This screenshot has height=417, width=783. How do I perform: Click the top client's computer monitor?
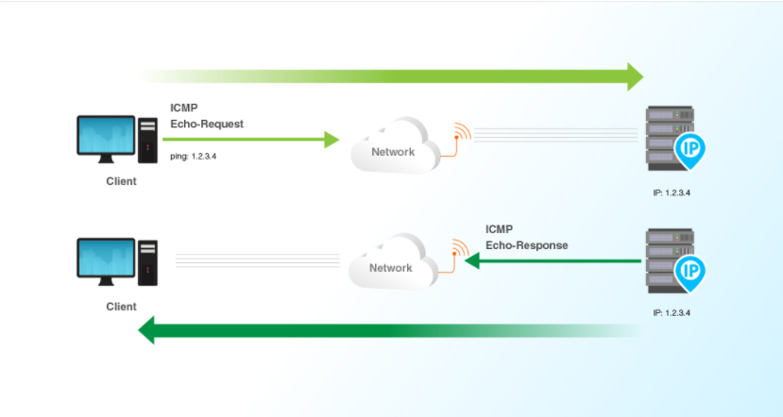107,138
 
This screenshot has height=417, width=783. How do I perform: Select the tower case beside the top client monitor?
148,139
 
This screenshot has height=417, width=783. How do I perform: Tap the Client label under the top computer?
121,181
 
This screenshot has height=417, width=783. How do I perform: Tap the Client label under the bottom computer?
121,307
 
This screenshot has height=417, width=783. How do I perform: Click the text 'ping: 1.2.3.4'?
196,156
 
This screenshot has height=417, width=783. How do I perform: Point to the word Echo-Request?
206,124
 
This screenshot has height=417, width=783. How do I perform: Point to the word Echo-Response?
527,245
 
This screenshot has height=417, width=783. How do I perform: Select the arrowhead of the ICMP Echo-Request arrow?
331,140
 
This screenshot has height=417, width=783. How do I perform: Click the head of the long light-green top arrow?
634,75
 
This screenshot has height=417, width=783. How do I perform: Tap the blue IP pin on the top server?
690,149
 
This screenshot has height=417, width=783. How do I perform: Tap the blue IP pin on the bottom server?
690,272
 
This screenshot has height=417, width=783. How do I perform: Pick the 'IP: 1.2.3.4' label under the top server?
672,192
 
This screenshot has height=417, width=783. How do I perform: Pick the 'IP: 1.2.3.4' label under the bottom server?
672,312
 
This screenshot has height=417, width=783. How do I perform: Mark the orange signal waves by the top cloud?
460,131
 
